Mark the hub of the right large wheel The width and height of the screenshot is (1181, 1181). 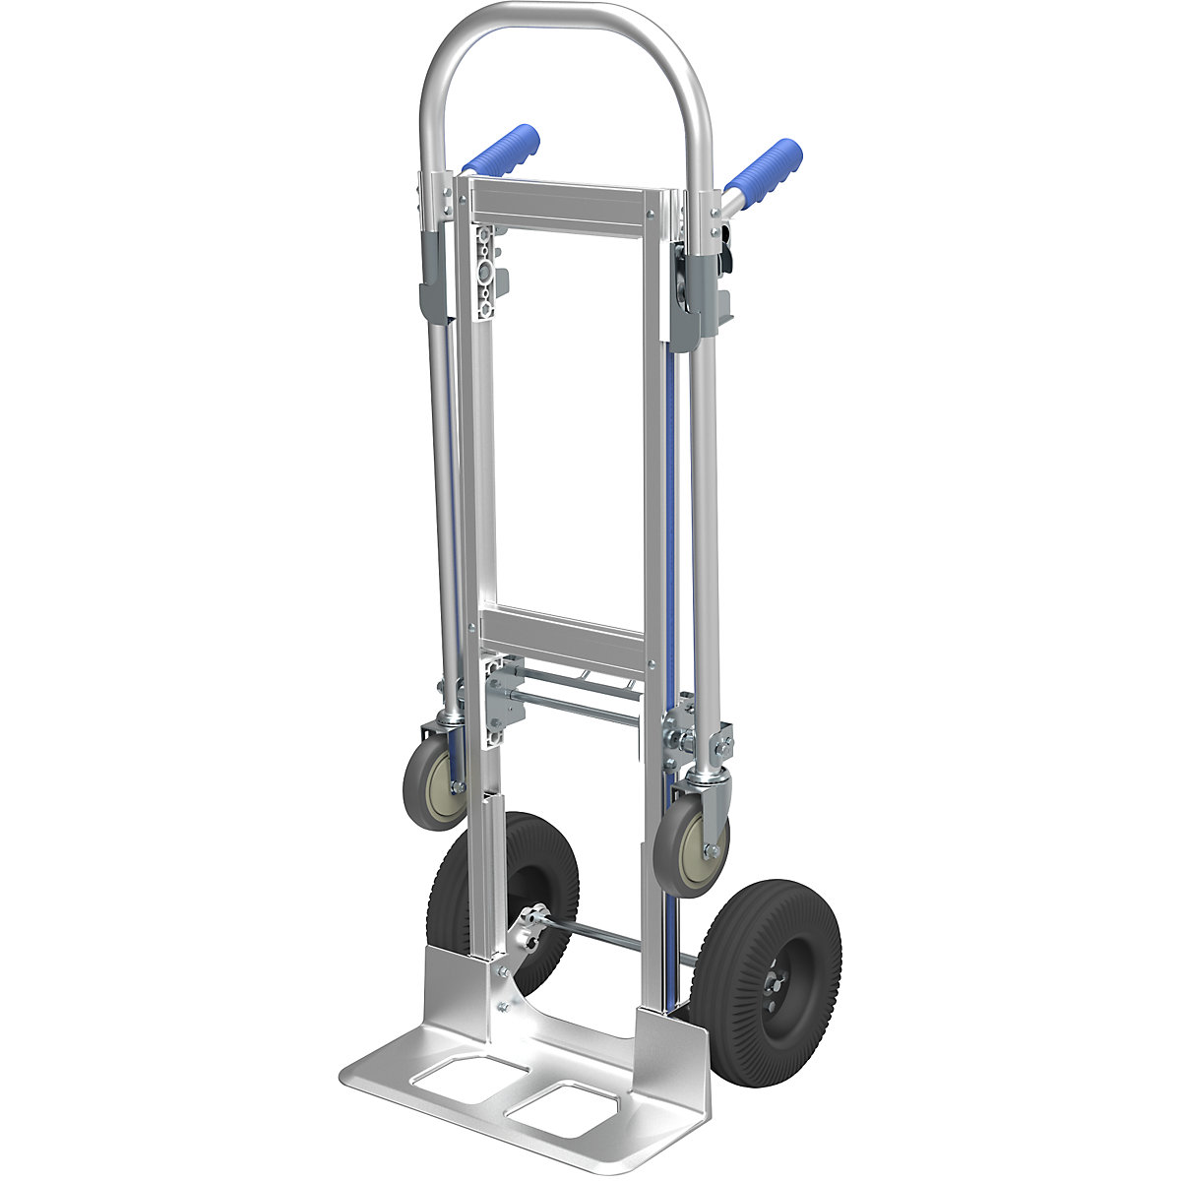777,979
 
